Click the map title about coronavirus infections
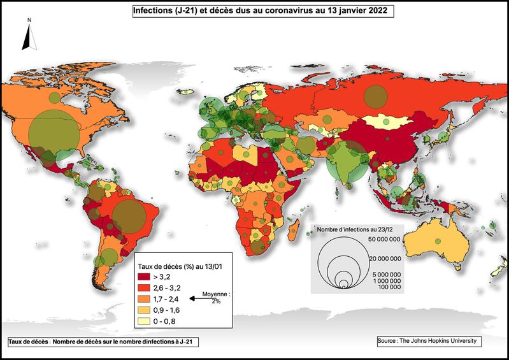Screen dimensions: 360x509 tap(259, 11)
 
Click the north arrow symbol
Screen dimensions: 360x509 tap(28, 37)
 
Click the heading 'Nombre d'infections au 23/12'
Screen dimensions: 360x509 tap(354, 229)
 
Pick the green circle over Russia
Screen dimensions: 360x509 tap(375, 96)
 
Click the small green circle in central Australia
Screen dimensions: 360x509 tap(438, 240)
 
